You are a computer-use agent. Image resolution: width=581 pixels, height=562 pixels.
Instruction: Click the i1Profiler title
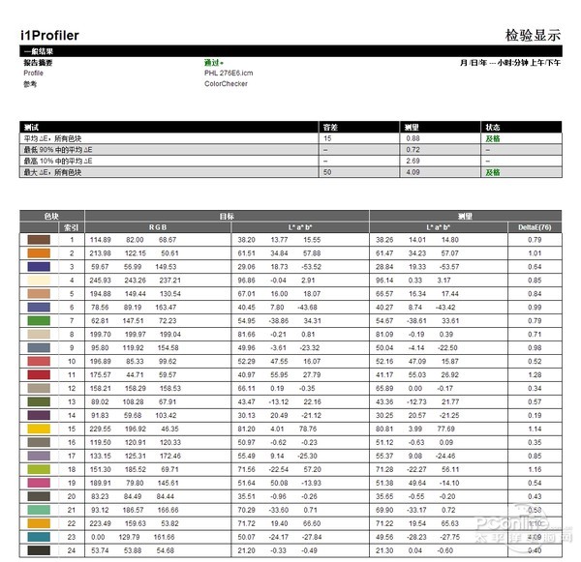point(50,35)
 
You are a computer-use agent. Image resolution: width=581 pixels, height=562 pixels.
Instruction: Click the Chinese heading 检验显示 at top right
point(533,35)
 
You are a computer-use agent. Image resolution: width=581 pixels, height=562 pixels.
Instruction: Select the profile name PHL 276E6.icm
point(229,73)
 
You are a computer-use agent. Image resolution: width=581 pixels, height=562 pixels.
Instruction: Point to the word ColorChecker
point(226,83)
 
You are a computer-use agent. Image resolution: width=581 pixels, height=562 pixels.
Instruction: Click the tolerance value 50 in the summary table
point(327,172)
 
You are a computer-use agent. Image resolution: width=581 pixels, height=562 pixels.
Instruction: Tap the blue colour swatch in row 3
point(38,266)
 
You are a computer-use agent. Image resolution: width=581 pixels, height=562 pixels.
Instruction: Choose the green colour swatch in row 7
point(38,320)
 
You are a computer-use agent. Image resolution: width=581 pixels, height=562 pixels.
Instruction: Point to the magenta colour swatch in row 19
point(38,483)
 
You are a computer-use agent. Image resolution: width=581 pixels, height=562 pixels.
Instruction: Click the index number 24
point(71,550)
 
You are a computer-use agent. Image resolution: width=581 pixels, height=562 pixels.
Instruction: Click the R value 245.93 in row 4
point(102,280)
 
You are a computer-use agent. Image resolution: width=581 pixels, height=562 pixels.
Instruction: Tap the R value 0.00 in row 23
point(98,537)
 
